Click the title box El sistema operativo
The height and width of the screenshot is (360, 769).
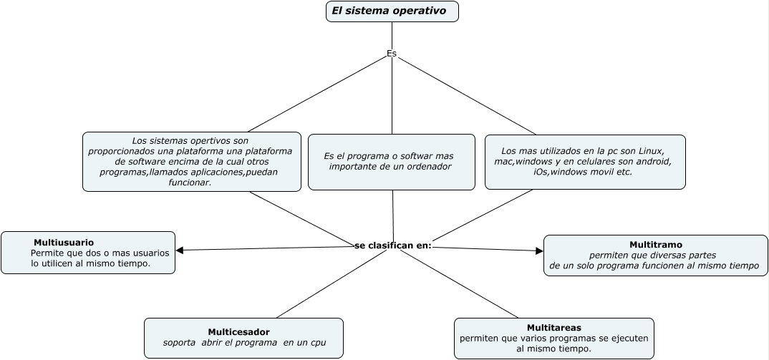point(392,11)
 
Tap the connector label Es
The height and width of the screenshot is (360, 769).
point(392,54)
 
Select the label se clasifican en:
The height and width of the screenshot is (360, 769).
point(393,245)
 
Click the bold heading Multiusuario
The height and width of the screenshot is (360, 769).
point(64,243)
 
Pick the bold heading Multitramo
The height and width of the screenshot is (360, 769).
point(655,244)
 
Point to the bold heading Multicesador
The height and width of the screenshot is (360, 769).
point(239,332)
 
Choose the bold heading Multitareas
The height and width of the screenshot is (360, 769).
point(553,327)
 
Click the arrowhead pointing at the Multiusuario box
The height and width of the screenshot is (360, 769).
point(180,250)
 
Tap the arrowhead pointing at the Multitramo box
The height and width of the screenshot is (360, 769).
point(539,250)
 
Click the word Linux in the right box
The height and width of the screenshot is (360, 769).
point(652,151)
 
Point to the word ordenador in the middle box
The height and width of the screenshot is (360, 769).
point(424,167)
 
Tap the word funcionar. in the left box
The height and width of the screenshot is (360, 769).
point(190,183)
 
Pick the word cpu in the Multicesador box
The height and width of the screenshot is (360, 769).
point(317,343)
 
